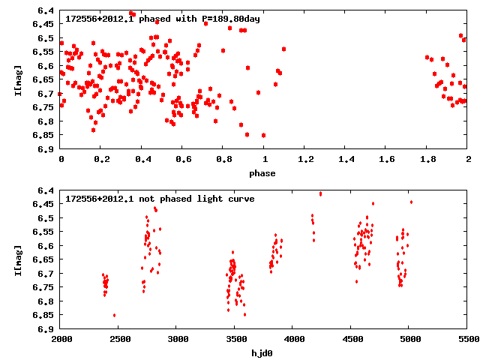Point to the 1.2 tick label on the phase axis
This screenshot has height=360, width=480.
click(x=305, y=160)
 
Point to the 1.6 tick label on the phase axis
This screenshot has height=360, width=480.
click(x=387, y=160)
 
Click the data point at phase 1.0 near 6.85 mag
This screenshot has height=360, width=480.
click(x=263, y=135)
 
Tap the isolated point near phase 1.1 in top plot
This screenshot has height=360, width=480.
click(x=283, y=49)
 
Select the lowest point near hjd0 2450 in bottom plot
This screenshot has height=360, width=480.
click(x=114, y=315)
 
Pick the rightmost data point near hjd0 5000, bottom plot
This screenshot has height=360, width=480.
click(x=411, y=202)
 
